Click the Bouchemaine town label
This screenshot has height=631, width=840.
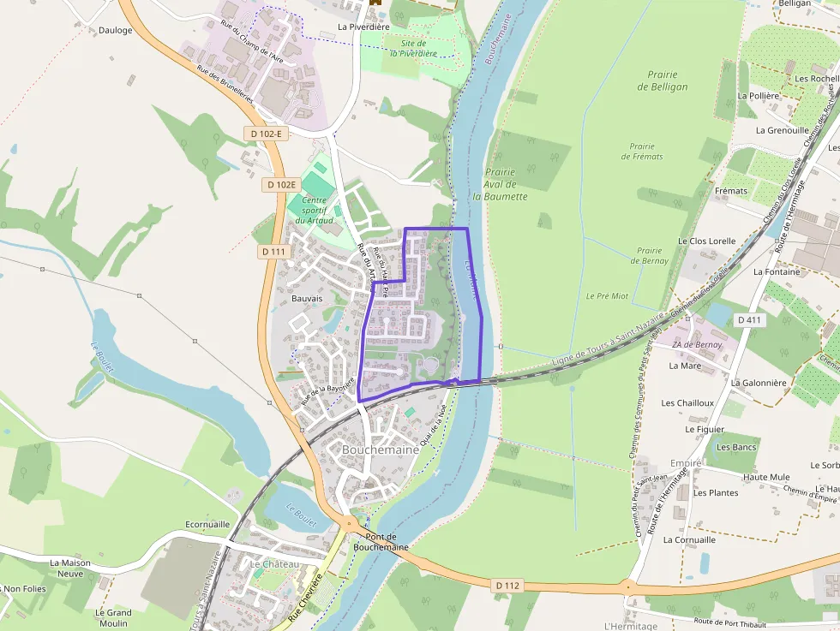[380, 449]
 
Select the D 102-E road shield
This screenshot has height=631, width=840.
[267, 134]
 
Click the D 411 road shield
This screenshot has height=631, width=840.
[749, 319]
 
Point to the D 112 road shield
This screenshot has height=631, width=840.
[507, 586]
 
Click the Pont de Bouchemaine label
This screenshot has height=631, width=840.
[381, 541]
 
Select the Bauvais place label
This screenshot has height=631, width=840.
[307, 299]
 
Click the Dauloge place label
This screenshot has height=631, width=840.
[115, 30]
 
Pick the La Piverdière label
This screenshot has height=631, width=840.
[363, 27]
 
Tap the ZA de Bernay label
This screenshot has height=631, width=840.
[696, 344]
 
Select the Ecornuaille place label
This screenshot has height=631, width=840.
[207, 524]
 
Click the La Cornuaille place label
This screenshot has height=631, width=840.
[689, 540]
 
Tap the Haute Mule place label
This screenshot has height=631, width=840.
[766, 477]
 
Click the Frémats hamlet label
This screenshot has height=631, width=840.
[730, 191]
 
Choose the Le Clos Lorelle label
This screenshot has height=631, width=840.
[706, 241]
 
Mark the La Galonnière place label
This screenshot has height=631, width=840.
[759, 383]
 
